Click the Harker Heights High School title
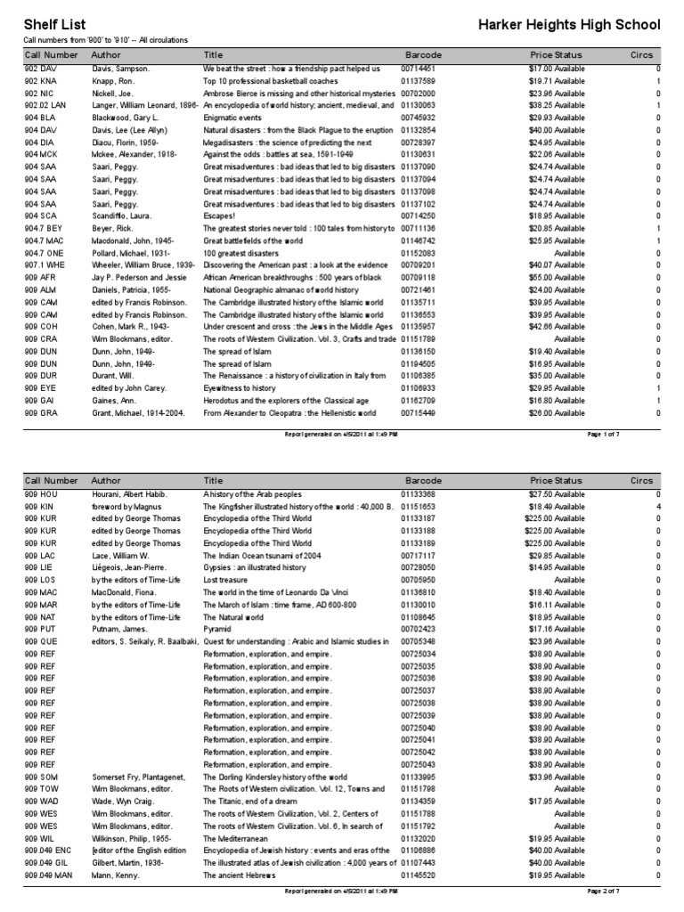(569, 24)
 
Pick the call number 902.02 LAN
(44, 105)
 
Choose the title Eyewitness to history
(240, 388)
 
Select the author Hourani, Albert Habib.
(129, 494)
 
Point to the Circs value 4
(657, 507)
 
